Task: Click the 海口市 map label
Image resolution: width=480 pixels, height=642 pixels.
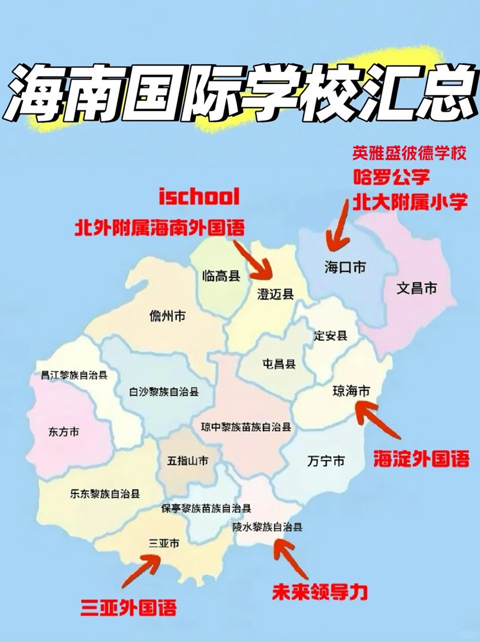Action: pyautogui.click(x=345, y=267)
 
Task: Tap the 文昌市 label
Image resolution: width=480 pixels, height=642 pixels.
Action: pyautogui.click(x=417, y=288)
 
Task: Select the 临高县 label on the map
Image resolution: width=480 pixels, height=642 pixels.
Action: pyautogui.click(x=221, y=276)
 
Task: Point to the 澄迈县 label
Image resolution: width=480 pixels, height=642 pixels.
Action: pyautogui.click(x=275, y=294)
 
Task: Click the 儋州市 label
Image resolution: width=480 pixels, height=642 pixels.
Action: pyautogui.click(x=167, y=316)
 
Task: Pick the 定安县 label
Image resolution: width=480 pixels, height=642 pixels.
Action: pyautogui.click(x=331, y=336)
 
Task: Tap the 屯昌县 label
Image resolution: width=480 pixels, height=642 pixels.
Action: pyautogui.click(x=279, y=364)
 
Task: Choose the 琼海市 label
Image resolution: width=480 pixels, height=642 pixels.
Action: pyautogui.click(x=352, y=391)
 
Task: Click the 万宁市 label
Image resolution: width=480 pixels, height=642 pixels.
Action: pyautogui.click(x=326, y=461)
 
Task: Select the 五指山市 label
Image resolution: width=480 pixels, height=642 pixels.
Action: pyautogui.click(x=188, y=461)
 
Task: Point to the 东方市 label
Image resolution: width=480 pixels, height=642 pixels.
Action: pyautogui.click(x=63, y=432)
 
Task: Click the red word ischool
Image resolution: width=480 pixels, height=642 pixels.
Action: pyautogui.click(x=199, y=196)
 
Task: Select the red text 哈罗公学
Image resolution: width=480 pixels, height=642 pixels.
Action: pyautogui.click(x=391, y=178)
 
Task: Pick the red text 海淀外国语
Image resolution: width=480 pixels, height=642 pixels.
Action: pyautogui.click(x=421, y=460)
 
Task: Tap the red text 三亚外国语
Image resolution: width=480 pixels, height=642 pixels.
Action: pyautogui.click(x=129, y=607)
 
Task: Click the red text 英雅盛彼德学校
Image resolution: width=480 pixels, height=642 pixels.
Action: pyautogui.click(x=409, y=154)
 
